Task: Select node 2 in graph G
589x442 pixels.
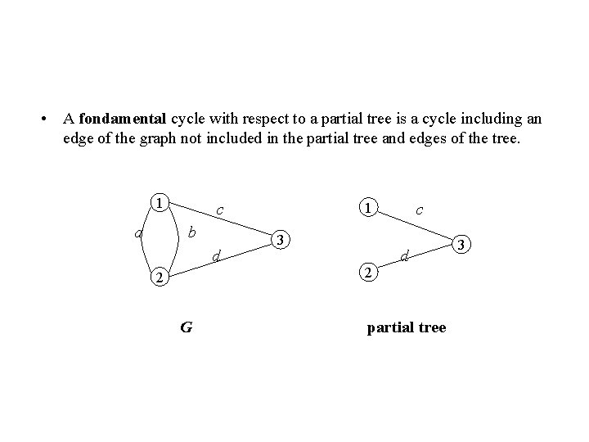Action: [160, 278]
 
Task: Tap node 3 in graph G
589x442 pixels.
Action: [281, 240]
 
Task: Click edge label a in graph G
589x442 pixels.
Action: [139, 233]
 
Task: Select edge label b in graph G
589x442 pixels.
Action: [192, 232]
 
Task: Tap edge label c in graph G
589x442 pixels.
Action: [220, 210]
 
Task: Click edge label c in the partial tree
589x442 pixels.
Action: [419, 210]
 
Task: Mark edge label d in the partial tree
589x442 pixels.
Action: [404, 257]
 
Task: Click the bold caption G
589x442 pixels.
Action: [186, 327]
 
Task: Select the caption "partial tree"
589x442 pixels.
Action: [407, 327]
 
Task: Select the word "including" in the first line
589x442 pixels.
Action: [491, 119]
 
